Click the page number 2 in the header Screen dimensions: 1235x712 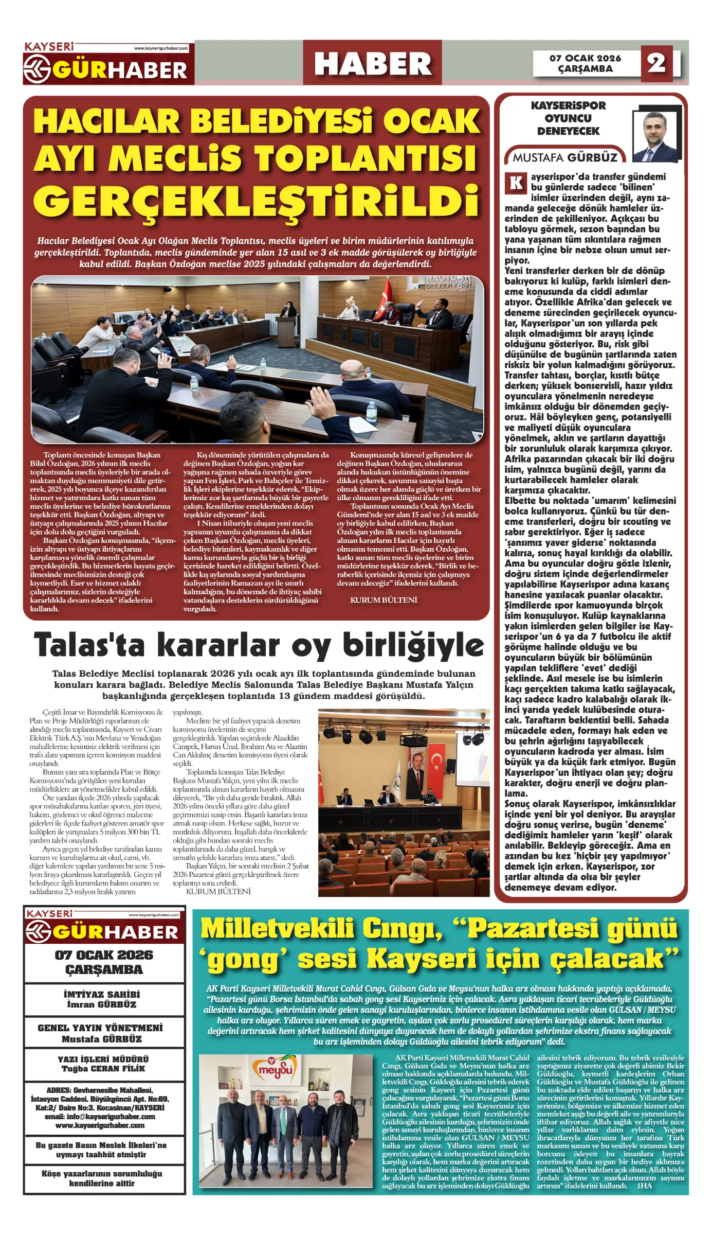656,63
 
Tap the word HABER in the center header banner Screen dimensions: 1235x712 373,64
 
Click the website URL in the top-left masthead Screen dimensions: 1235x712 161,48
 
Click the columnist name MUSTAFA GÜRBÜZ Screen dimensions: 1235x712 565,157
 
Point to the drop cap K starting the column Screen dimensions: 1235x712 516,183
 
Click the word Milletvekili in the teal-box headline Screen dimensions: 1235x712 277,929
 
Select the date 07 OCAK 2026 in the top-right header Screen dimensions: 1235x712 585,58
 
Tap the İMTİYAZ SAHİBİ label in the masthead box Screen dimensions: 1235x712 102,995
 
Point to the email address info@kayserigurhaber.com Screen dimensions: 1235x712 100,1117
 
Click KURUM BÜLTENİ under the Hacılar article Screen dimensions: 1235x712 384,600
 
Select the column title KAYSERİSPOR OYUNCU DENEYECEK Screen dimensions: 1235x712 568,118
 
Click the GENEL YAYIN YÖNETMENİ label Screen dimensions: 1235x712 100,1028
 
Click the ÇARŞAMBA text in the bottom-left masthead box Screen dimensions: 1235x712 104,969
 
